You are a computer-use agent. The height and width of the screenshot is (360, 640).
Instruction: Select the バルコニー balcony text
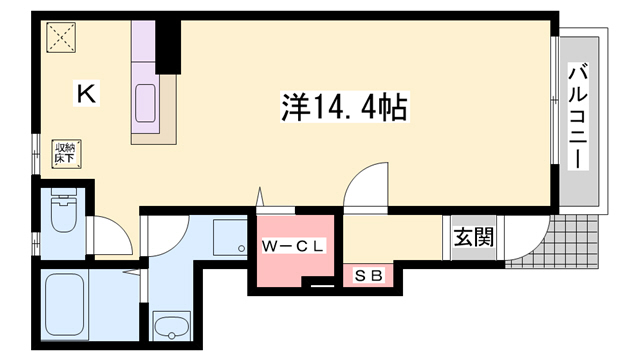[578, 116]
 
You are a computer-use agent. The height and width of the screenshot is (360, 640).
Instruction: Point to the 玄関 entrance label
[472, 238]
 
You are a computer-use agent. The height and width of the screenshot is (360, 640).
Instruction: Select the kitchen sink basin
[145, 103]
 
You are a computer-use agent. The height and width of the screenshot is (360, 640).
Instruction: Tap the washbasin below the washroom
[172, 326]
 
